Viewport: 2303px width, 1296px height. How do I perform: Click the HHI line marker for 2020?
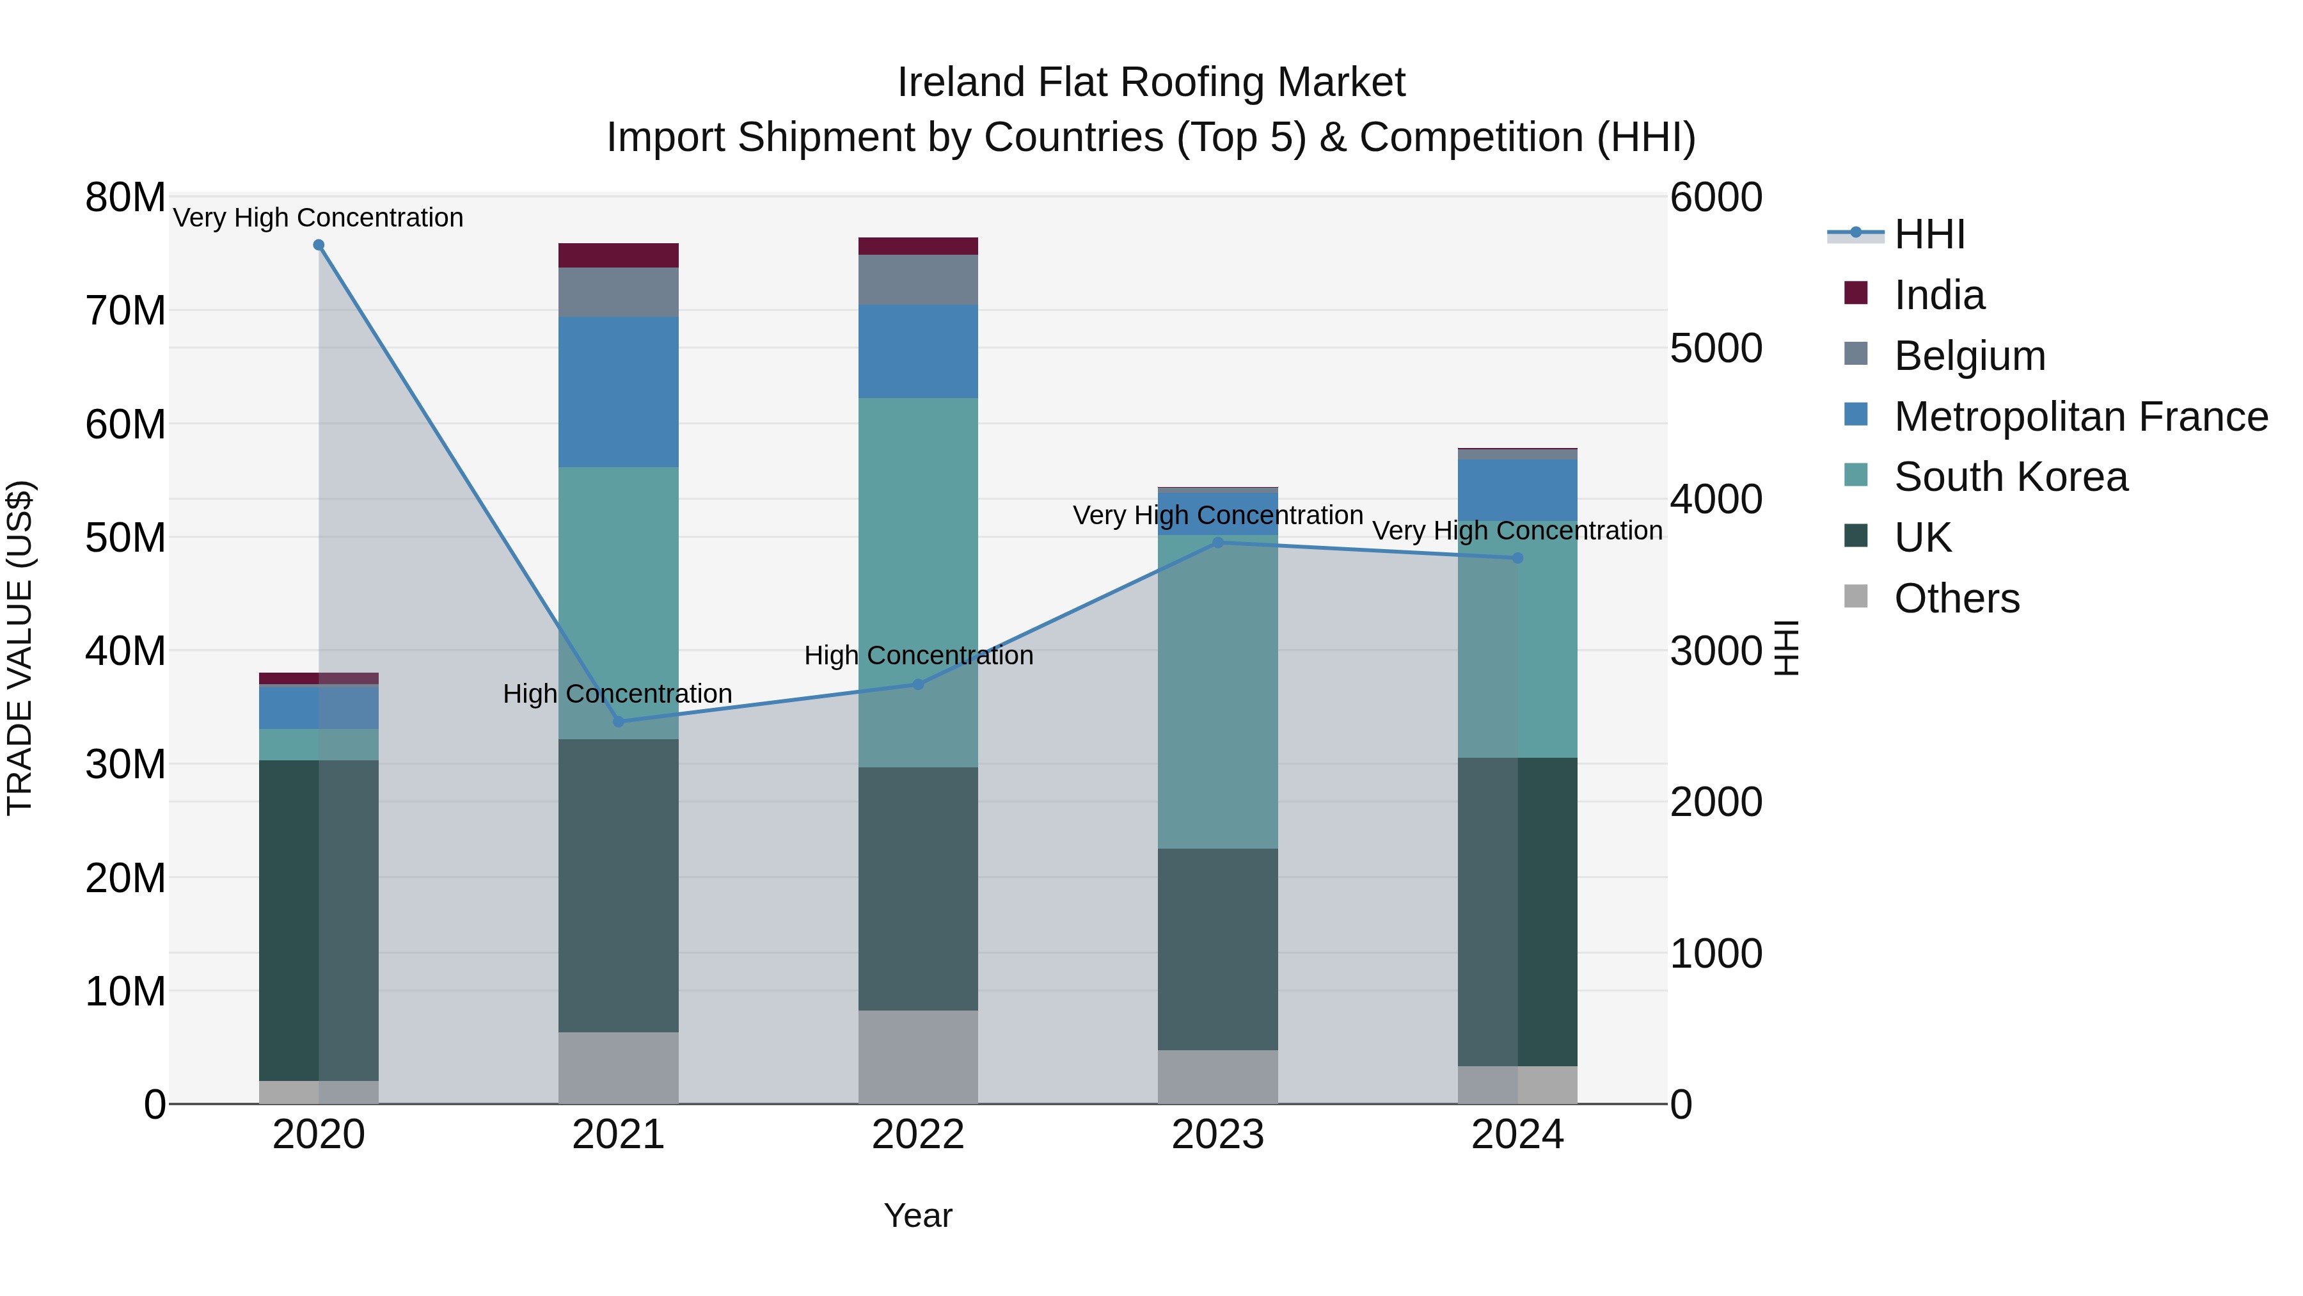click(319, 245)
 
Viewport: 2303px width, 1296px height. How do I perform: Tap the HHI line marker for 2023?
click(1217, 542)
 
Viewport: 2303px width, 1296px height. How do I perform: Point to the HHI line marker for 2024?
click(1517, 558)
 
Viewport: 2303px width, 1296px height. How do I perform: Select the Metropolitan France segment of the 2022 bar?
click(918, 351)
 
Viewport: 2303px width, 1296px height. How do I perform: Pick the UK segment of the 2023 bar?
click(1217, 949)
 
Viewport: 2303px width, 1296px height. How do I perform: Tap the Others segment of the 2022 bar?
click(918, 1057)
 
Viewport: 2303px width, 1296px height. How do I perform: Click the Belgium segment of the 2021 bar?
click(619, 292)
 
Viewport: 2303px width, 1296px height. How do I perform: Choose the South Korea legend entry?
click(2010, 477)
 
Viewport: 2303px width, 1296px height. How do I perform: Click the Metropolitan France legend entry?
click(2080, 417)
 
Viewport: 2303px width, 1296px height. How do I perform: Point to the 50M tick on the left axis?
click(125, 538)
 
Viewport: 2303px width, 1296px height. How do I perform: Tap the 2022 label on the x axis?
click(918, 1135)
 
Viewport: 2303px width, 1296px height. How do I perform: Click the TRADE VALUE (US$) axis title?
click(20, 648)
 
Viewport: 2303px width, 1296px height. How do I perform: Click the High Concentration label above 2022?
click(918, 655)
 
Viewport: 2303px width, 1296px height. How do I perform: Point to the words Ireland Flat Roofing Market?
click(1151, 83)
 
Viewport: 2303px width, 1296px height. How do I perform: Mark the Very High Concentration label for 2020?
click(319, 218)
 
